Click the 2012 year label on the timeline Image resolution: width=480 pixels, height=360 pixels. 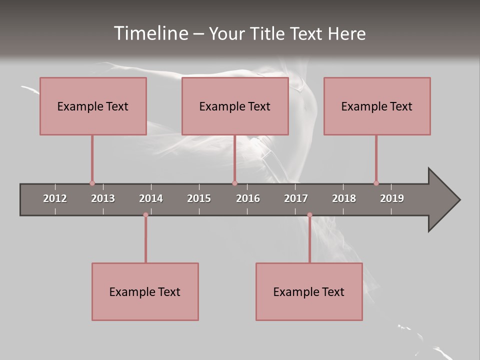coord(55,198)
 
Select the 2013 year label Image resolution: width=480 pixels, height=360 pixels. coord(103,198)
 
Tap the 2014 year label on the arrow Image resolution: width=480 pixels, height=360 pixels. coord(151,198)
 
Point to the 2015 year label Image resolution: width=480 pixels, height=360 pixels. coord(199,198)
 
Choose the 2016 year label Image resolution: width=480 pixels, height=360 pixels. coord(248,198)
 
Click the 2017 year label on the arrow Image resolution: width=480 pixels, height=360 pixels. coord(296,198)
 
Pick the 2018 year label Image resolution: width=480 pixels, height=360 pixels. coord(344,198)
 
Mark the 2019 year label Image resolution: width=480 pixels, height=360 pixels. coord(392,198)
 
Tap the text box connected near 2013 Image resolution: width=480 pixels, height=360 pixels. coord(93,106)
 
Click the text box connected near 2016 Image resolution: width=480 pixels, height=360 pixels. coord(235,106)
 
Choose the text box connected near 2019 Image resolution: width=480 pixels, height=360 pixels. coord(377,106)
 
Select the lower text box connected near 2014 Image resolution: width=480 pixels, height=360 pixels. coord(145,291)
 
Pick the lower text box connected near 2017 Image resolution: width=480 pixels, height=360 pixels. coord(309,291)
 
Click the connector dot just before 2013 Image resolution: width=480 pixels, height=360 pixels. coord(92,183)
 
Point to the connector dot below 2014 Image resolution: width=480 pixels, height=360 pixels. coord(145,215)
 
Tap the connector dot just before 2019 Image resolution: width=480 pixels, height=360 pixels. coord(376,183)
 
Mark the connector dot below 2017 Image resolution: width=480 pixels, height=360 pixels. coord(309,215)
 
